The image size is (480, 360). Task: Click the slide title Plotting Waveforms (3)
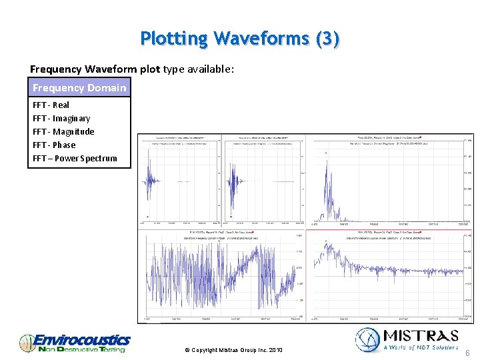tap(240, 39)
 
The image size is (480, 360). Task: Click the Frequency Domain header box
tap(79, 88)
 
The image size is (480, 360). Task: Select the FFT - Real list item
tap(51, 105)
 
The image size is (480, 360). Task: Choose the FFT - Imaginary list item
tap(61, 118)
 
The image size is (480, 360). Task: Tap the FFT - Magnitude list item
tap(63, 131)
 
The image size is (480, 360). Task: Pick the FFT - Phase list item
tap(54, 145)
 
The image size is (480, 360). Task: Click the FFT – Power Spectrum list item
tap(75, 158)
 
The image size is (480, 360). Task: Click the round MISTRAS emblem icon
tap(367, 339)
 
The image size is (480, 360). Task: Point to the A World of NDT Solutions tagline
tap(421, 347)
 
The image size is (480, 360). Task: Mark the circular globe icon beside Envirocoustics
tap(27, 343)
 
